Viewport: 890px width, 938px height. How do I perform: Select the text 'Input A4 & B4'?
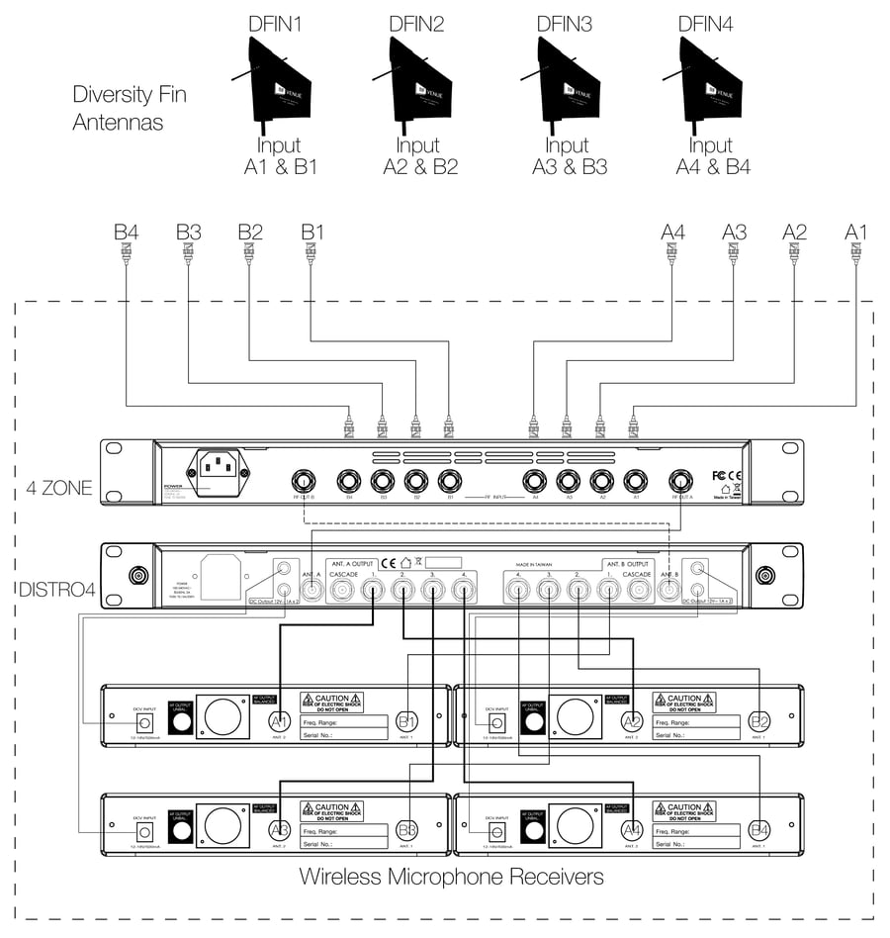pos(713,156)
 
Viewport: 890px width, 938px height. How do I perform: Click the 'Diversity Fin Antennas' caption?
pos(129,109)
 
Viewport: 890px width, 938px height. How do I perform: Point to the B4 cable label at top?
pos(126,232)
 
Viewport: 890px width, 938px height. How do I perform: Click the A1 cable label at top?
pos(856,232)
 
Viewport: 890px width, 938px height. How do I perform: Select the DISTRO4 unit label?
pos(57,591)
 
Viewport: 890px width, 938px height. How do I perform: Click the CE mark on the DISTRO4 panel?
pos(388,562)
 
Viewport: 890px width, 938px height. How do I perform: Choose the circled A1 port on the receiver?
pos(281,721)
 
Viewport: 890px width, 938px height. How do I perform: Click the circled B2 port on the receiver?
pos(759,721)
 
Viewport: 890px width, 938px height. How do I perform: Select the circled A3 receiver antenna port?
pos(281,829)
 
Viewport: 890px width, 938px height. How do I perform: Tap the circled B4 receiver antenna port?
pos(759,829)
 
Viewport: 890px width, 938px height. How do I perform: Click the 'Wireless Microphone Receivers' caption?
pos(451,877)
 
